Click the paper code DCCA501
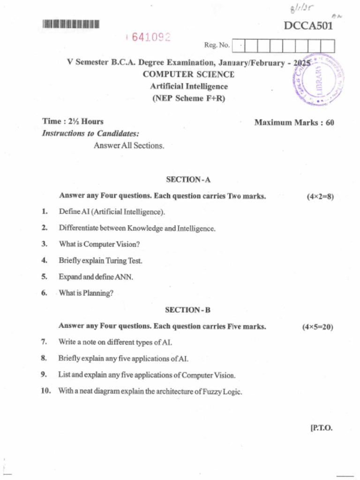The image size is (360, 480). point(308,25)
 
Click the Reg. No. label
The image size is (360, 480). point(217,45)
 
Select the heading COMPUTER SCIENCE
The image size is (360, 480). point(188,74)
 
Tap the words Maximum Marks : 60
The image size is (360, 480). point(294,123)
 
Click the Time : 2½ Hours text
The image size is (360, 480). point(73,121)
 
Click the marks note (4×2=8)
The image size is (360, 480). point(320,196)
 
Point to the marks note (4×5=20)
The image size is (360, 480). point(318,327)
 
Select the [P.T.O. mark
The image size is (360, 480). point(321,427)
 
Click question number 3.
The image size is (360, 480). point(45,244)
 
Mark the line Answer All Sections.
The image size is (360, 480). point(129,146)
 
